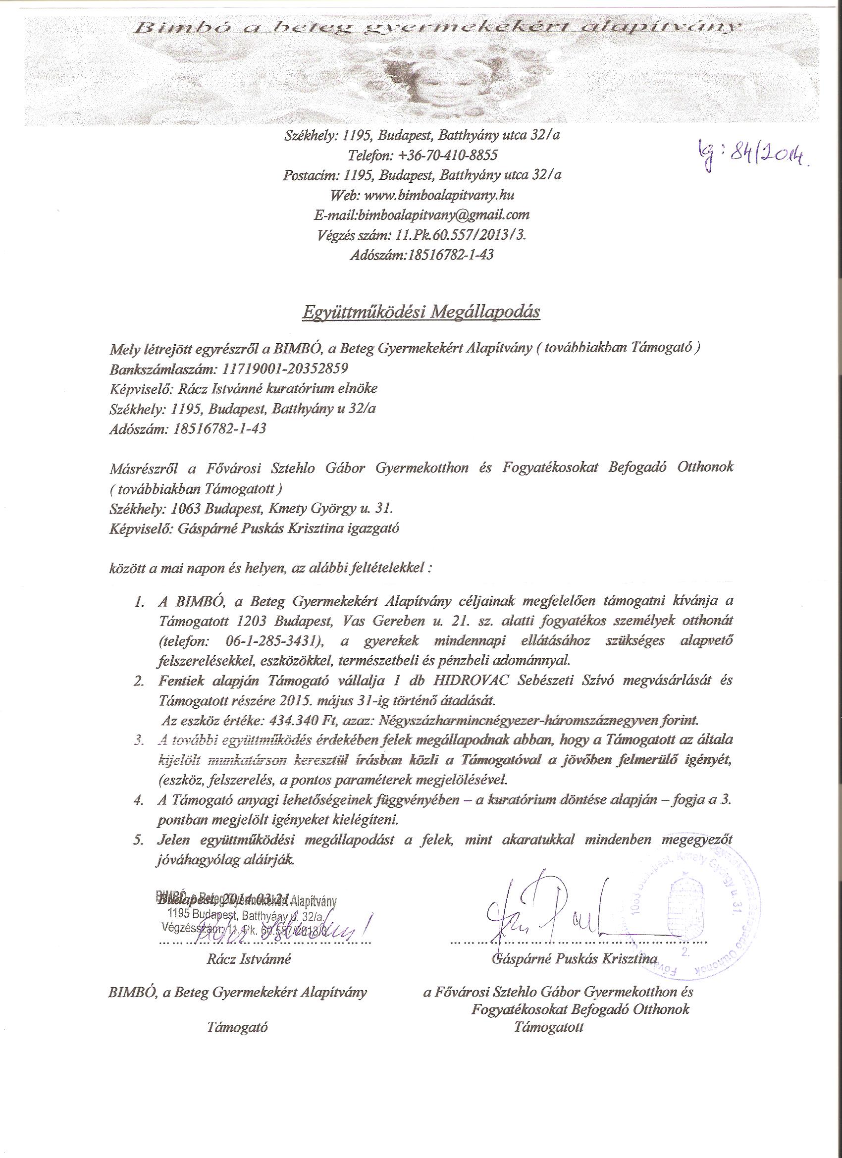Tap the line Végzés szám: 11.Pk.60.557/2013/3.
click(421, 235)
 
